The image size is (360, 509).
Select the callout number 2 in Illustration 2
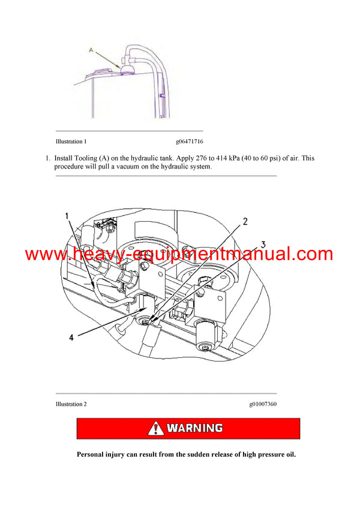point(245,221)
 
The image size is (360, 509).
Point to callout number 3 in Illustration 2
point(263,245)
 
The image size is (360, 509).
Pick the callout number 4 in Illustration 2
point(71,338)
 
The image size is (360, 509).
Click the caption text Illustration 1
point(71,142)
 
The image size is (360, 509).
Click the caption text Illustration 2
point(71,404)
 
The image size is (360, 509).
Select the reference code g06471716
point(190,142)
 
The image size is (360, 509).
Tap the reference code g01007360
point(263,404)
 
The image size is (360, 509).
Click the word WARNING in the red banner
point(194,429)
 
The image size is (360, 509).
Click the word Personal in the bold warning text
point(94,454)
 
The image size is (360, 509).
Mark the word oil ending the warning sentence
point(290,454)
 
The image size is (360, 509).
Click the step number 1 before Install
point(47,158)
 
